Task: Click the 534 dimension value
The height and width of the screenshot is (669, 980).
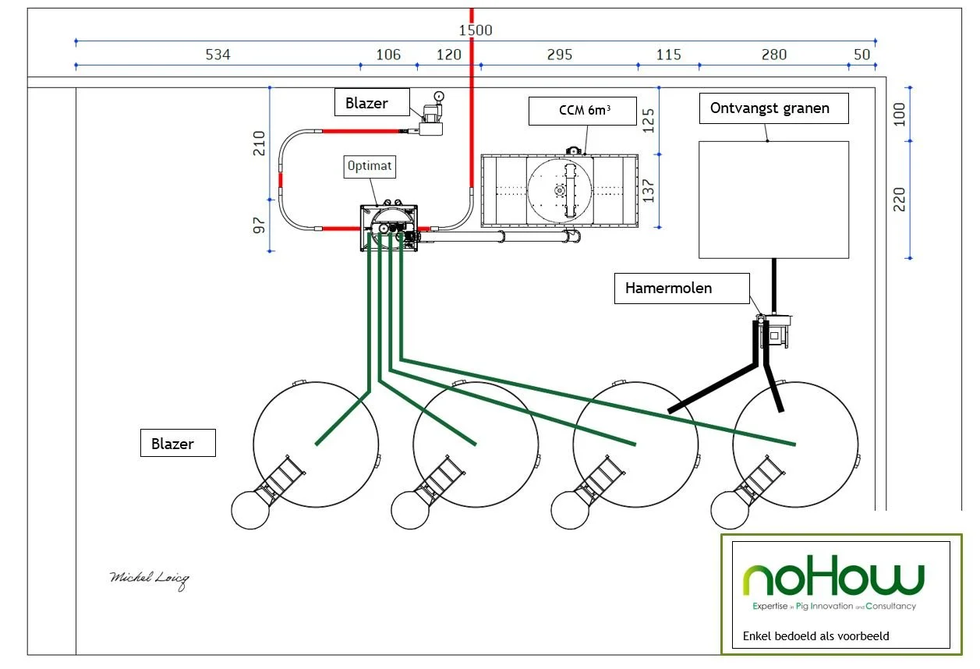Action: [x=218, y=55]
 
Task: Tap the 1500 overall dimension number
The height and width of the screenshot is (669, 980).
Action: [x=476, y=30]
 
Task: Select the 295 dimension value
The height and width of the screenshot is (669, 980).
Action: [x=560, y=55]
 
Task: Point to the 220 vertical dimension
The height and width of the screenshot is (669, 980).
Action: [x=900, y=200]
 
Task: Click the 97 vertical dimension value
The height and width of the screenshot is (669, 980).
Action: [x=259, y=225]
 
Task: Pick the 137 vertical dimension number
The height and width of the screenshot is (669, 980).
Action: [x=649, y=190]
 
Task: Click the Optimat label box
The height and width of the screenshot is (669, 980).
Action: [x=370, y=167]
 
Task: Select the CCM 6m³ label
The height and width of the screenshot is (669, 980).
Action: [x=582, y=111]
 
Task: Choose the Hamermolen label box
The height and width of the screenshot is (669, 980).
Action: [x=681, y=288]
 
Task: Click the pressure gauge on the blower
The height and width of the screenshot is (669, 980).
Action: [x=439, y=96]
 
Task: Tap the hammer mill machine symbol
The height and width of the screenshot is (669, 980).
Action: [x=775, y=331]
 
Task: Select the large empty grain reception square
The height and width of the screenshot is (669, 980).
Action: [x=773, y=200]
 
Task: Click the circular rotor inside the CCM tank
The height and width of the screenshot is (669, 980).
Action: [x=560, y=190]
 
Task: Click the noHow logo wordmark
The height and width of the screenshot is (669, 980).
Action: [x=833, y=575]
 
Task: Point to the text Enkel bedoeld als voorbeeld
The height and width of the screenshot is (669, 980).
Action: [x=815, y=635]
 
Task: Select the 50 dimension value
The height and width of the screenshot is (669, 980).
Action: [x=861, y=55]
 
